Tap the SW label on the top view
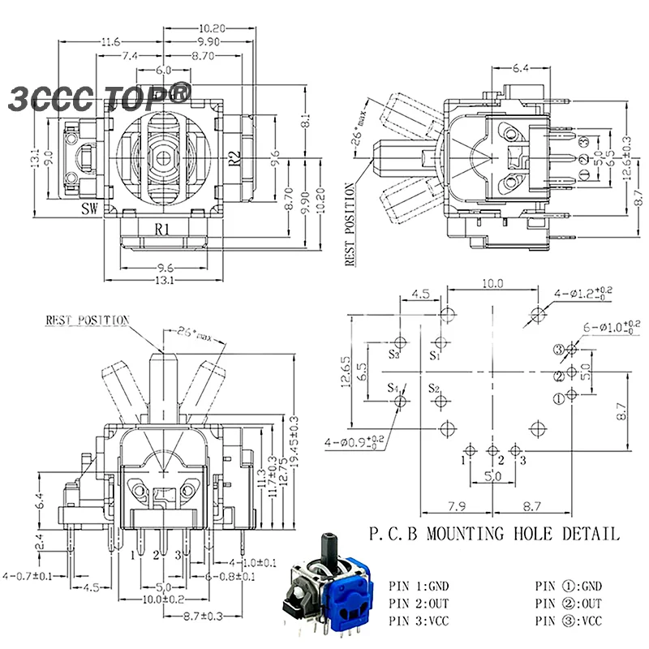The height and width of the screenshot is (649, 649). (91, 208)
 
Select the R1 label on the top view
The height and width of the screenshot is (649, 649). (162, 229)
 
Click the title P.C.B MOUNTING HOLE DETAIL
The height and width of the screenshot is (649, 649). (494, 534)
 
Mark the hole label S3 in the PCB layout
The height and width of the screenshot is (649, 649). (395, 355)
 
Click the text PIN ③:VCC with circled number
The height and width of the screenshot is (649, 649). (569, 621)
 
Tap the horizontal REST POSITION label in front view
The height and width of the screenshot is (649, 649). (87, 320)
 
